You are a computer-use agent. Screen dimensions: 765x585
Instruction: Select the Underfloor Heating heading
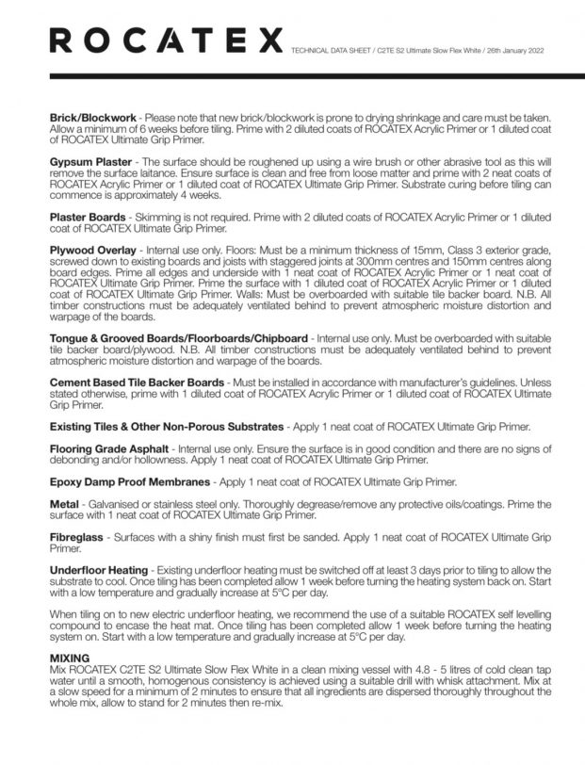click(x=98, y=570)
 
